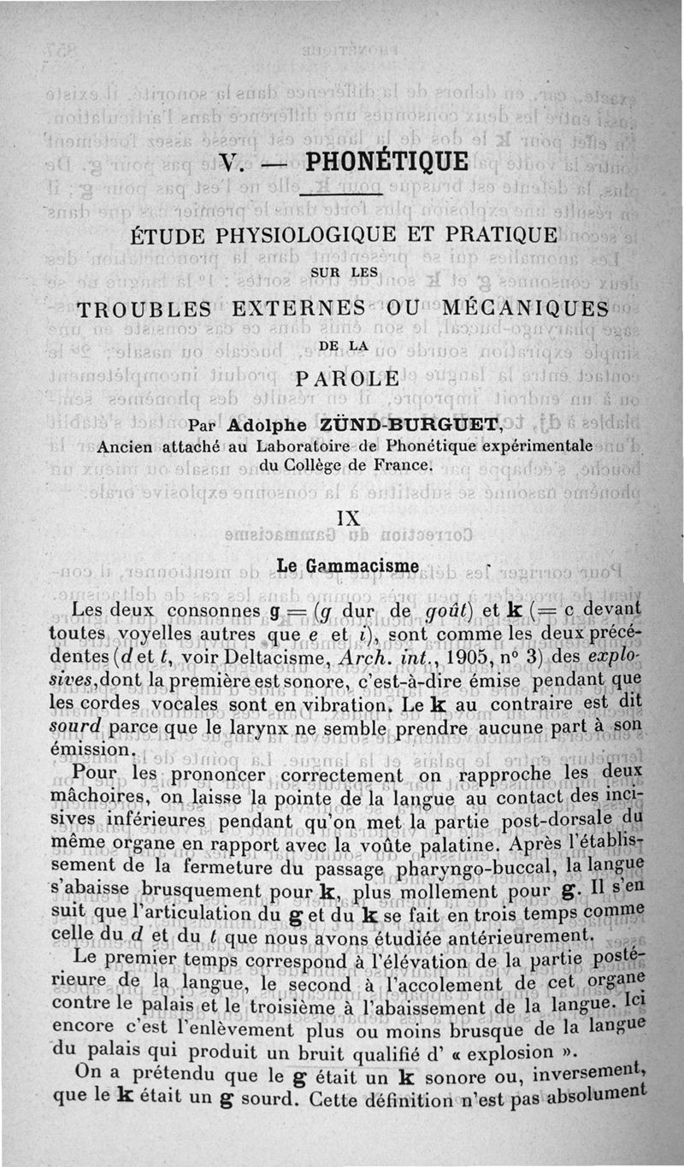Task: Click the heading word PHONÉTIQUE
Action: point(386,162)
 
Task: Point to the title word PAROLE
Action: point(345,378)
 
